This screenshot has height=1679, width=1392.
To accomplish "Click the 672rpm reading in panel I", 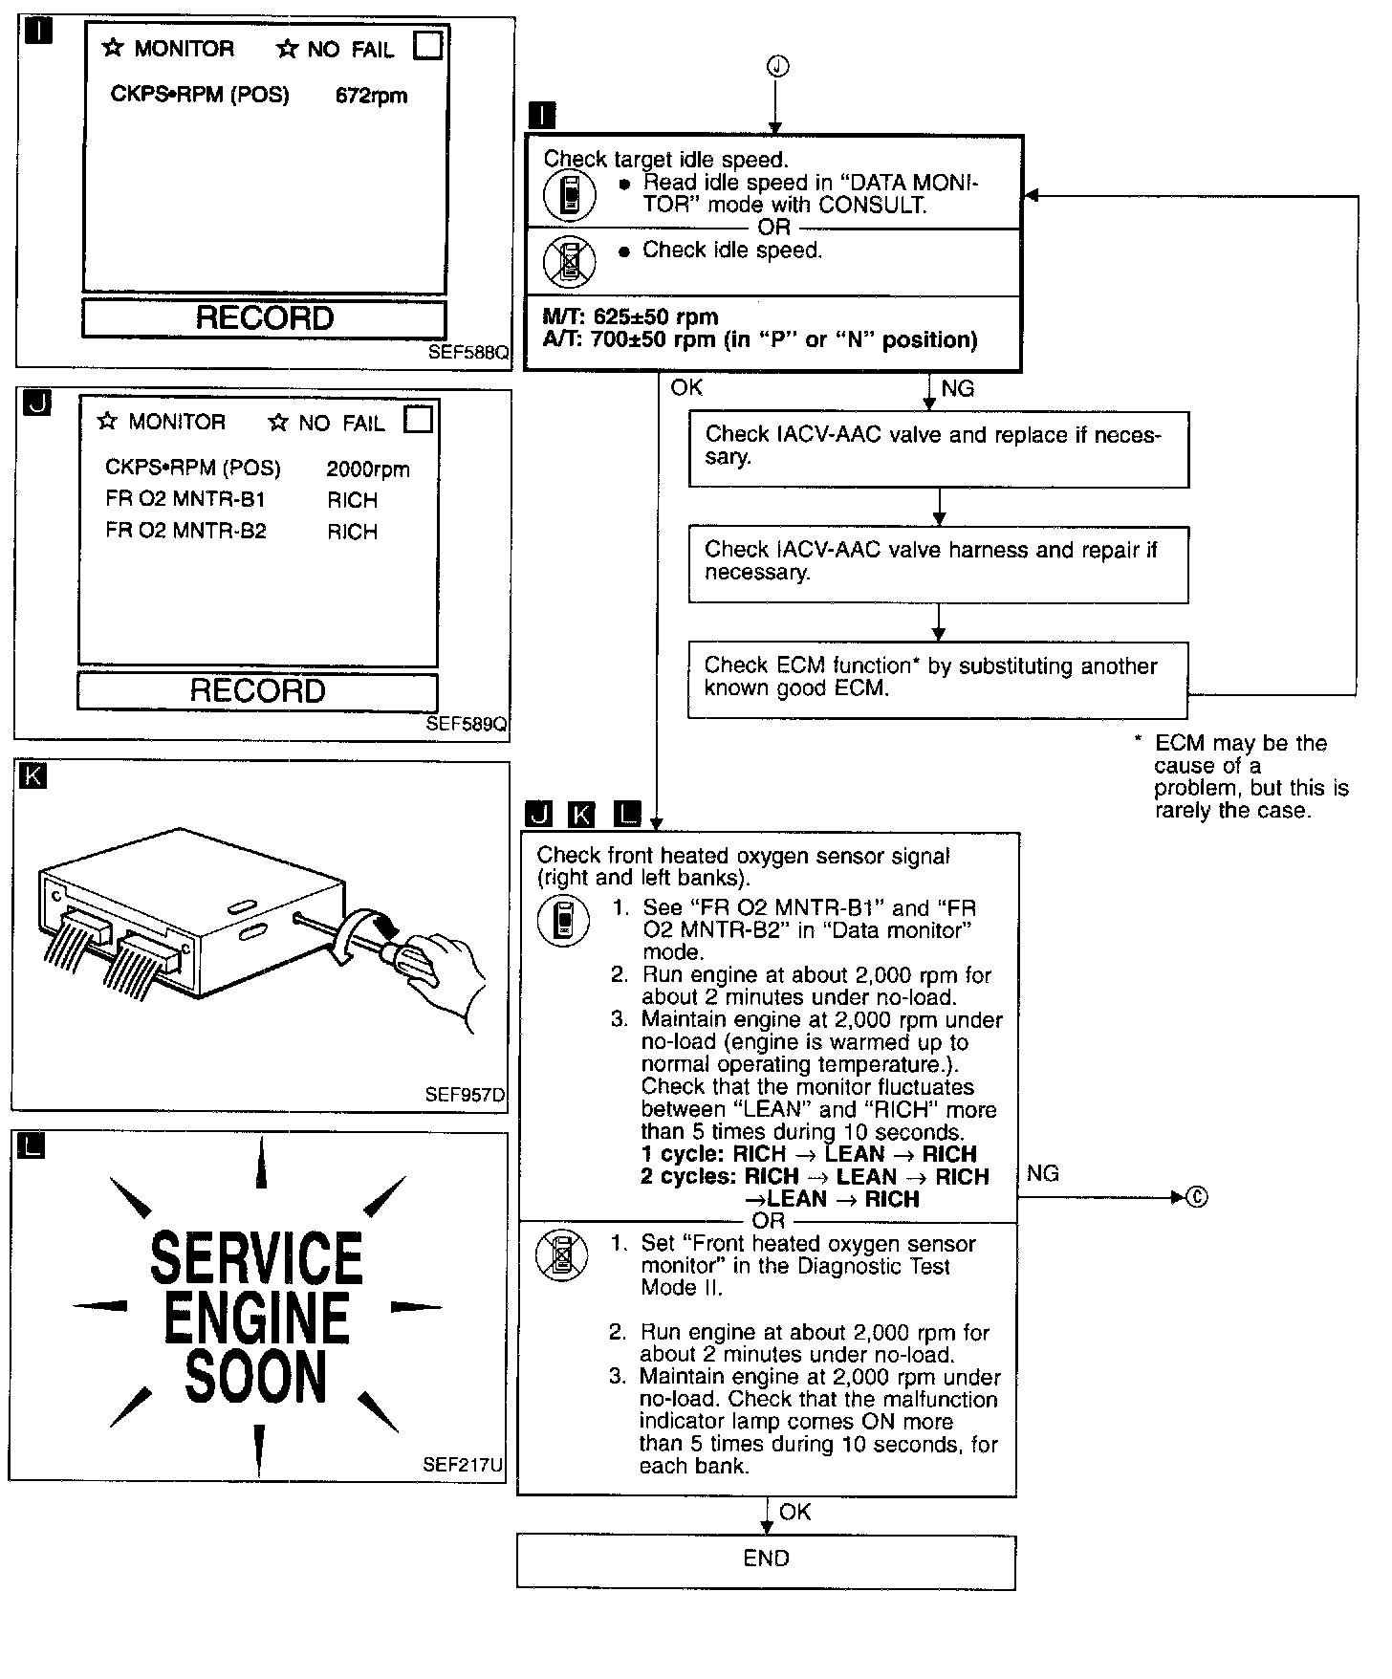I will click(x=371, y=96).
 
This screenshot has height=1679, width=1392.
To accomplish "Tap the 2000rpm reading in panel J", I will click(x=368, y=469).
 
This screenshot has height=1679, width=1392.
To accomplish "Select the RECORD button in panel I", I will click(x=264, y=318).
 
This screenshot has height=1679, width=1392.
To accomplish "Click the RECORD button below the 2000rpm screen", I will click(x=257, y=691).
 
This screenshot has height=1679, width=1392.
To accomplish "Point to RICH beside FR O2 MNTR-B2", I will click(x=352, y=532).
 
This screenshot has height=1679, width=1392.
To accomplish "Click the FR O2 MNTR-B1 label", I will click(x=185, y=499).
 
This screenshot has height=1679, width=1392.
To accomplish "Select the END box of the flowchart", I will click(x=766, y=1559).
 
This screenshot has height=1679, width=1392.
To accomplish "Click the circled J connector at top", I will click(x=777, y=66).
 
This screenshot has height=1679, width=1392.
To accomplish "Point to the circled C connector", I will click(x=1196, y=1197).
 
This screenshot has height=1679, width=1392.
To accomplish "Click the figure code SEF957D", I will click(x=465, y=1095).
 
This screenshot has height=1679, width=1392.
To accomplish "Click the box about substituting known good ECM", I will click(x=937, y=679).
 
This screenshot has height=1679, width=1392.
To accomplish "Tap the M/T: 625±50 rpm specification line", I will click(x=630, y=316).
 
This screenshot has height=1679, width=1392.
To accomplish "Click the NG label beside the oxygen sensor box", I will click(x=1042, y=1173).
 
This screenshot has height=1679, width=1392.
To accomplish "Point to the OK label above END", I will click(x=794, y=1512).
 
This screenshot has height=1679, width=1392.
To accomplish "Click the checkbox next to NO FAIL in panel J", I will click(x=418, y=420).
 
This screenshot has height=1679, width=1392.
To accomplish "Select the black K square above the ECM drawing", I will click(x=33, y=775).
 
